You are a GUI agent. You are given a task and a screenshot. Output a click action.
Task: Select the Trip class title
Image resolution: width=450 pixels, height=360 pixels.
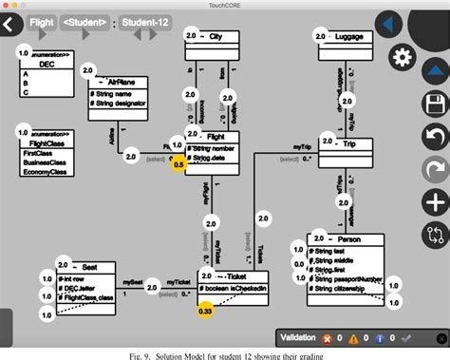(x=357, y=143)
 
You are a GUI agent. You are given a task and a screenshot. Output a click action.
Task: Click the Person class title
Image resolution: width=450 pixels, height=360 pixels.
(x=352, y=239)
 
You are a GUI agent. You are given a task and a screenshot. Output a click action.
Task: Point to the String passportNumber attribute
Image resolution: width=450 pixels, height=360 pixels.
(x=348, y=280)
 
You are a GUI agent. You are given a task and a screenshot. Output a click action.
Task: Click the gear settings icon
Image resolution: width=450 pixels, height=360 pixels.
(x=403, y=55)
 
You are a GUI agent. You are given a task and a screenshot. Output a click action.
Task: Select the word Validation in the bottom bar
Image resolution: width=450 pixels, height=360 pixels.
(x=309, y=337)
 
